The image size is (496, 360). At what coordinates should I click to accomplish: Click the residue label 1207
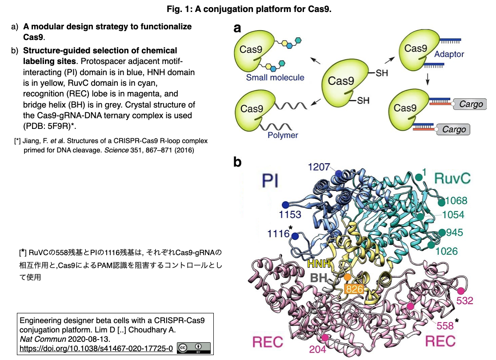click(x=319, y=167)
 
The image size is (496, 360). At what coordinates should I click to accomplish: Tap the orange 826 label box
click(x=354, y=289)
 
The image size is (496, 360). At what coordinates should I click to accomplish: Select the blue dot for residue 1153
click(x=285, y=205)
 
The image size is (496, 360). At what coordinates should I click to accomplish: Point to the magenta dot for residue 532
click(x=460, y=291)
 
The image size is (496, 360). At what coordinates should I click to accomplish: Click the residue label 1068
click(x=456, y=200)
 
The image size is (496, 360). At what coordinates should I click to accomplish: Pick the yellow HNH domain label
click(x=319, y=264)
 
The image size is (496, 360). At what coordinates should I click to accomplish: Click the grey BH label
click(x=319, y=278)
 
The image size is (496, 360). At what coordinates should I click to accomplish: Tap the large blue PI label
click(x=270, y=181)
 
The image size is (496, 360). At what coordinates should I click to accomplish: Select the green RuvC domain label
click(x=452, y=178)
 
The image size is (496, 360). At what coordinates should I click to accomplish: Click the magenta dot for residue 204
click(x=325, y=338)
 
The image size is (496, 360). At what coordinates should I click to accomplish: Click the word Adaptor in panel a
click(x=449, y=54)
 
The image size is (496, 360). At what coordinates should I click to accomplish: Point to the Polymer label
click(x=283, y=135)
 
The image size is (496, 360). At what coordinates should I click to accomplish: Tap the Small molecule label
click(x=275, y=77)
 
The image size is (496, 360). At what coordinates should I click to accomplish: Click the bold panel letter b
click(x=237, y=162)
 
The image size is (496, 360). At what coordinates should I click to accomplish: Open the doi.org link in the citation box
click(x=96, y=348)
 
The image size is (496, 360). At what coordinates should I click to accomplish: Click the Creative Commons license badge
click(x=194, y=348)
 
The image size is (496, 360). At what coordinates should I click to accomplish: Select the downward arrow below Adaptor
click(x=428, y=79)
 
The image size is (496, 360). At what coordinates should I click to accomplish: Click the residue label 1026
click(x=447, y=252)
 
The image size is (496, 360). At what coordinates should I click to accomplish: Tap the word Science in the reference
click(x=116, y=150)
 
